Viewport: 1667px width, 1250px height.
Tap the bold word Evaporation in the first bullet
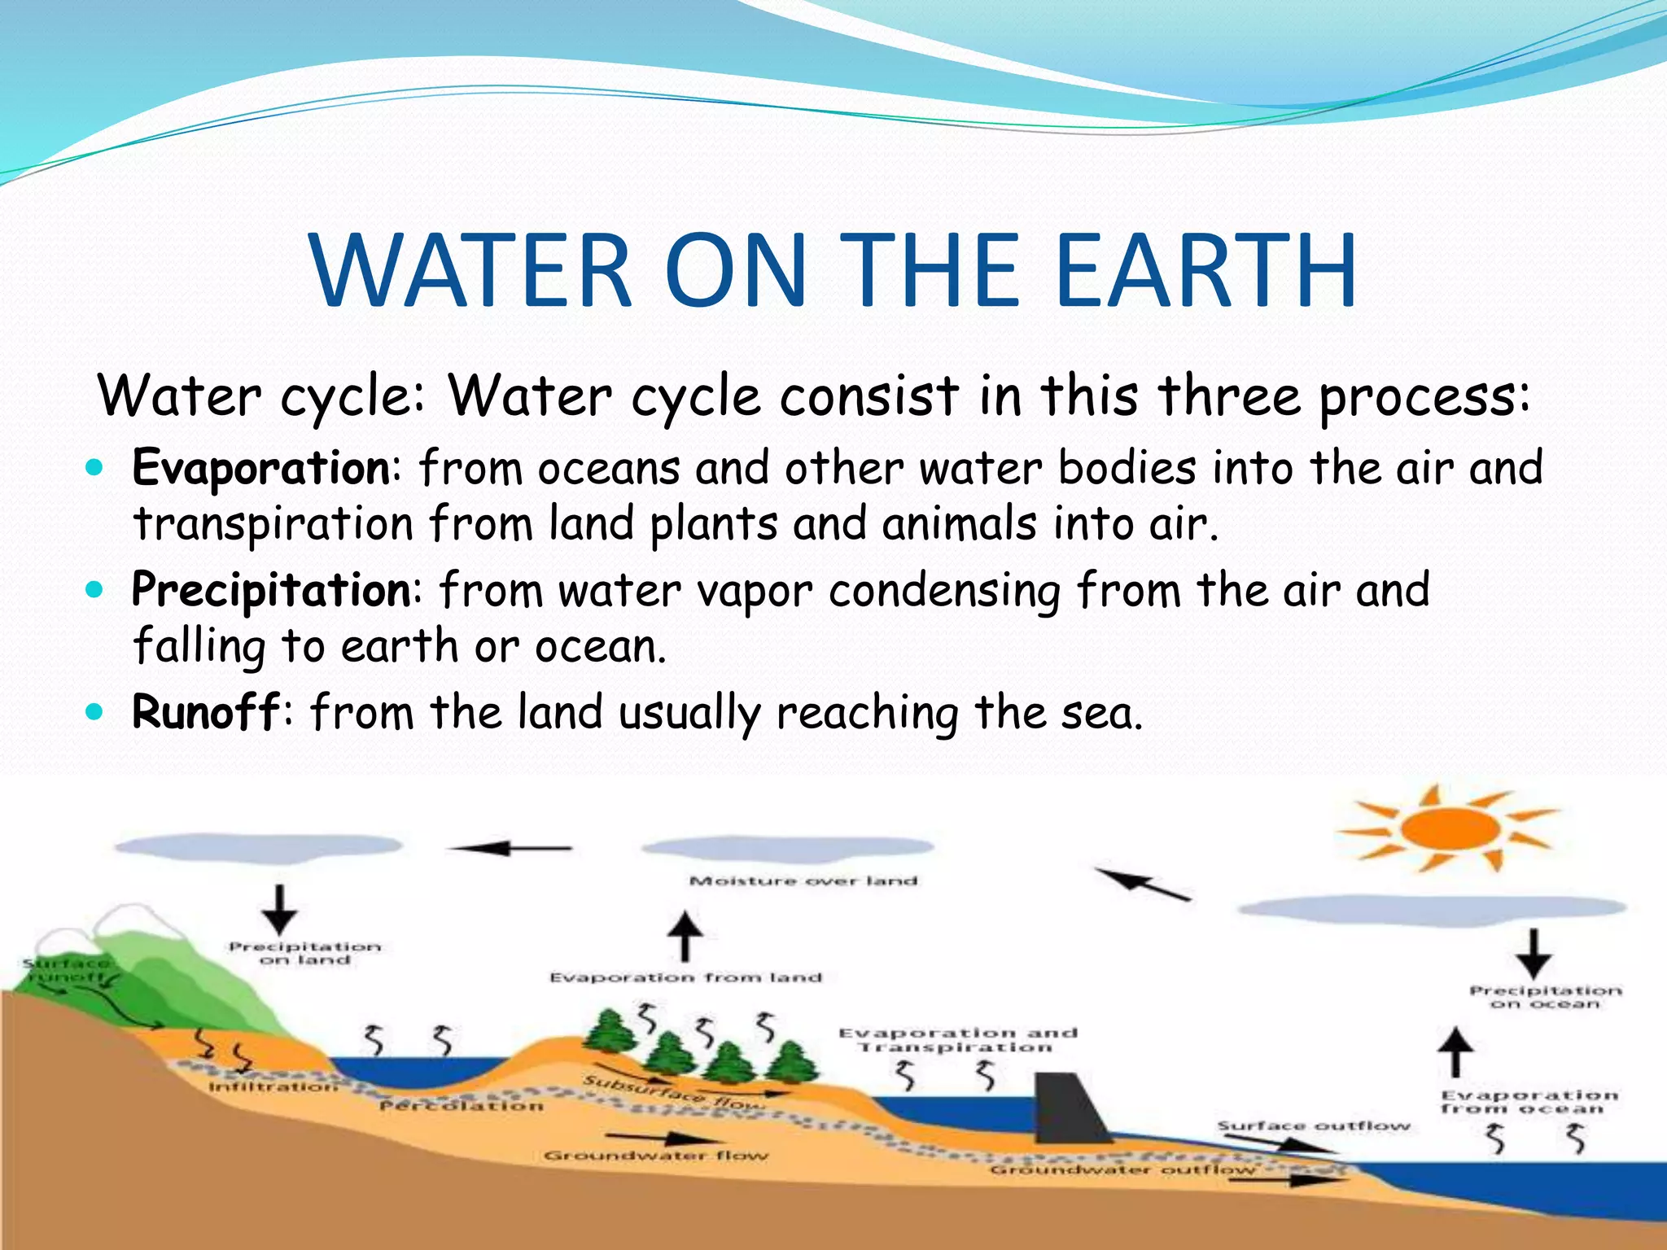pyautogui.click(x=261, y=468)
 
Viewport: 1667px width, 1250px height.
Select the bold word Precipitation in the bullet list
pyautogui.click(x=272, y=590)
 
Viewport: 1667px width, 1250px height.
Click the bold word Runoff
pyautogui.click(x=206, y=712)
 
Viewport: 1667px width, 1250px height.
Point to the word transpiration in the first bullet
pyautogui.click(x=273, y=523)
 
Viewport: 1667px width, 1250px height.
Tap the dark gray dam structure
pyautogui.click(x=1070, y=1108)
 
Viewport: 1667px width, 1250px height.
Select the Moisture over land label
pyautogui.click(x=803, y=881)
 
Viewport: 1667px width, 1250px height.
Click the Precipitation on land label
pyautogui.click(x=304, y=954)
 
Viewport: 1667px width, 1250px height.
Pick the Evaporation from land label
pyautogui.click(x=685, y=977)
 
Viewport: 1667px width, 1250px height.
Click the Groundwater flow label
pyautogui.click(x=655, y=1156)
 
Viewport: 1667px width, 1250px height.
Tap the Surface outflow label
pyautogui.click(x=1313, y=1126)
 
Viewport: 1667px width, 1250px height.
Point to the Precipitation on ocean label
pyautogui.click(x=1545, y=998)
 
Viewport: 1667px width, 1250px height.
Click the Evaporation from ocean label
pyautogui.click(x=1529, y=1102)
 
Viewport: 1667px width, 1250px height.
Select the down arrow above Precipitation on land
pyautogui.click(x=280, y=909)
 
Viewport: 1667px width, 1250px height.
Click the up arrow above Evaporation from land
pyautogui.click(x=685, y=936)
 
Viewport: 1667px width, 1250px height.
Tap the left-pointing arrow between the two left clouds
pyautogui.click(x=511, y=849)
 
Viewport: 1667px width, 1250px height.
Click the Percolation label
pyautogui.click(x=461, y=1106)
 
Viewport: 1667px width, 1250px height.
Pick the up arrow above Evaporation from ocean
pyautogui.click(x=1456, y=1051)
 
